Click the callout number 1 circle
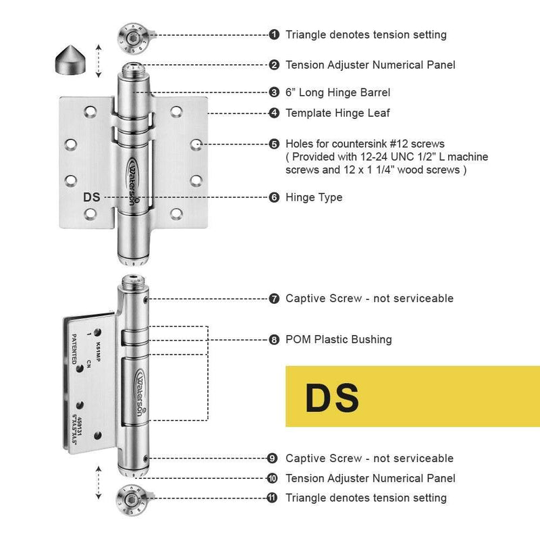pos(274,34)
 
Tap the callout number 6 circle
pos(274,197)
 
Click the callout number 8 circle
pos(274,340)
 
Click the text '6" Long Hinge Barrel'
pos(337,92)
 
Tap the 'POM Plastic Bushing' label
pos(338,340)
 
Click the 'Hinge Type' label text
pos(314,197)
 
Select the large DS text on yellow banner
pos(331,398)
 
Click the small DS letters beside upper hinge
pos(92,197)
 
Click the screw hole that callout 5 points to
pos(195,144)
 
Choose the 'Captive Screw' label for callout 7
pos(369,298)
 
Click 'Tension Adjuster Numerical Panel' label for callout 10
pos(370,478)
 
